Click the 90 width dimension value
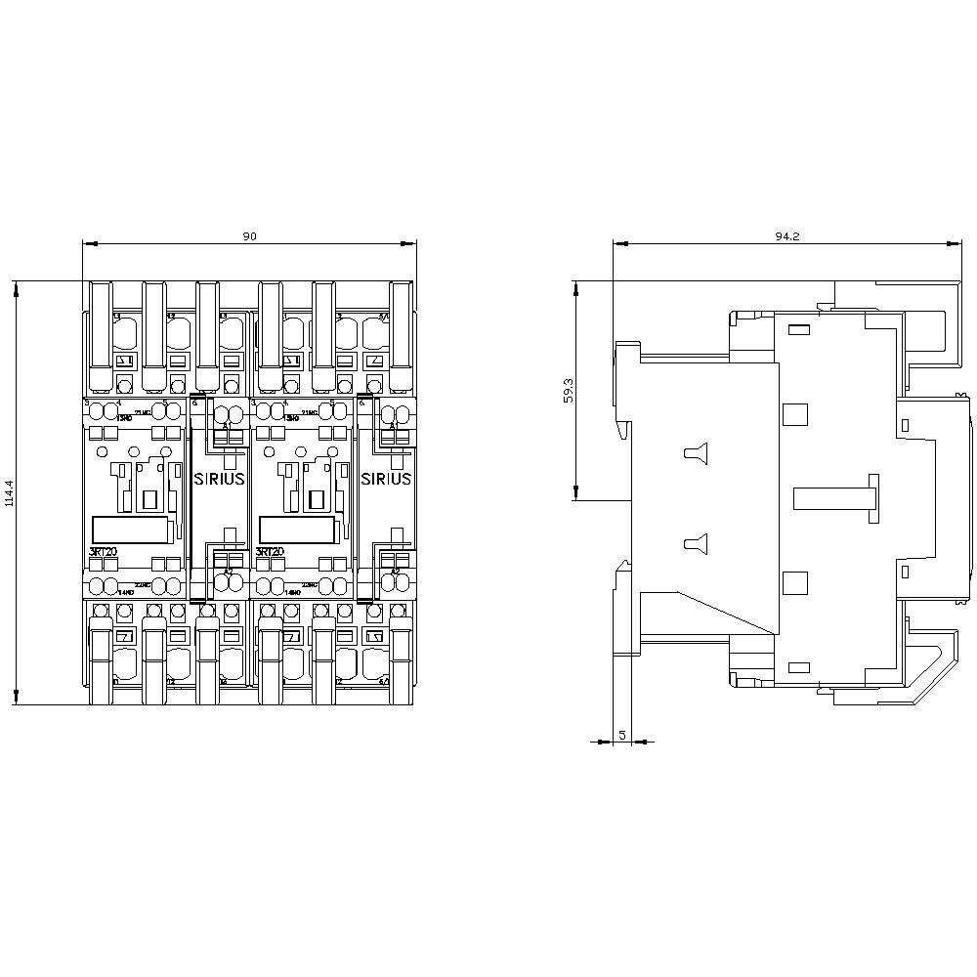(250, 236)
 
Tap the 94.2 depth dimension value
(788, 236)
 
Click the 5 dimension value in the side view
(622, 735)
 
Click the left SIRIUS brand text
(220, 479)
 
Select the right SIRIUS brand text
(387, 479)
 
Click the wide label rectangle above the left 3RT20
(133, 529)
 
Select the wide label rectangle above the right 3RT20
(300, 529)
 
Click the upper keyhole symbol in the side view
(695, 451)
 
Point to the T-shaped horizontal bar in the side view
(836, 498)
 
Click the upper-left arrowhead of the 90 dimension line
(89, 243)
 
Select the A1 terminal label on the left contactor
(227, 427)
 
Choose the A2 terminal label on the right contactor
(395, 571)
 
